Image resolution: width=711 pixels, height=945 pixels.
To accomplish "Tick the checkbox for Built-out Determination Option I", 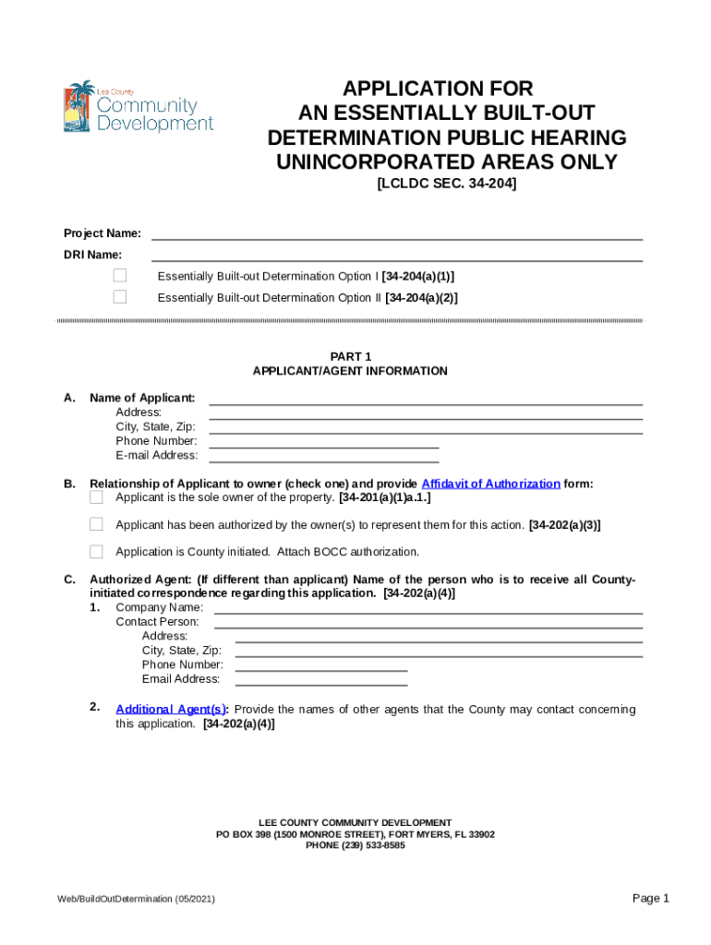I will pos(120,276).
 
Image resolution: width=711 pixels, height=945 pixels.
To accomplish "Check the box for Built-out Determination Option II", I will pos(120,297).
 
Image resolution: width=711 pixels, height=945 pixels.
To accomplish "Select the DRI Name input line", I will pos(396,254).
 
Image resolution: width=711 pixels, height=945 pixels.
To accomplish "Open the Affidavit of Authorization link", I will pos(490,484).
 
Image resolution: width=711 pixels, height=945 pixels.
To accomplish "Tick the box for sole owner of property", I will pos(96,497).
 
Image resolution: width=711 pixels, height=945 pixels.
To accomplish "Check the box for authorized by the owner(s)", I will pos(96,524).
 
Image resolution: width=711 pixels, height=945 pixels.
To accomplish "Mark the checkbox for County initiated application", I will pos(96,552).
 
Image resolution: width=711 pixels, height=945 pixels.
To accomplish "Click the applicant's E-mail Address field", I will pos(324,455).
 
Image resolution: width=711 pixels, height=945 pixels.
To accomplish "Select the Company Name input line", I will pos(428,607).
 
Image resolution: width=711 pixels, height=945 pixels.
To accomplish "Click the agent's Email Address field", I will pos(321,679).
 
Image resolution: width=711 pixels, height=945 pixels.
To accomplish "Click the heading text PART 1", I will pos(350,356).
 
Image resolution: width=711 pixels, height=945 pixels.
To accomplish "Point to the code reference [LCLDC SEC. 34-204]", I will pos(446,185).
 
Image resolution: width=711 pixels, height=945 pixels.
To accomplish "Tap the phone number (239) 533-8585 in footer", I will pos(355,845).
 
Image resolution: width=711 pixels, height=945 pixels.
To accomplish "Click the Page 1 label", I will pos(650,898).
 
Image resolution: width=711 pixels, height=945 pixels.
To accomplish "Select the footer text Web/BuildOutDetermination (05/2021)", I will pos(136,899).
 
